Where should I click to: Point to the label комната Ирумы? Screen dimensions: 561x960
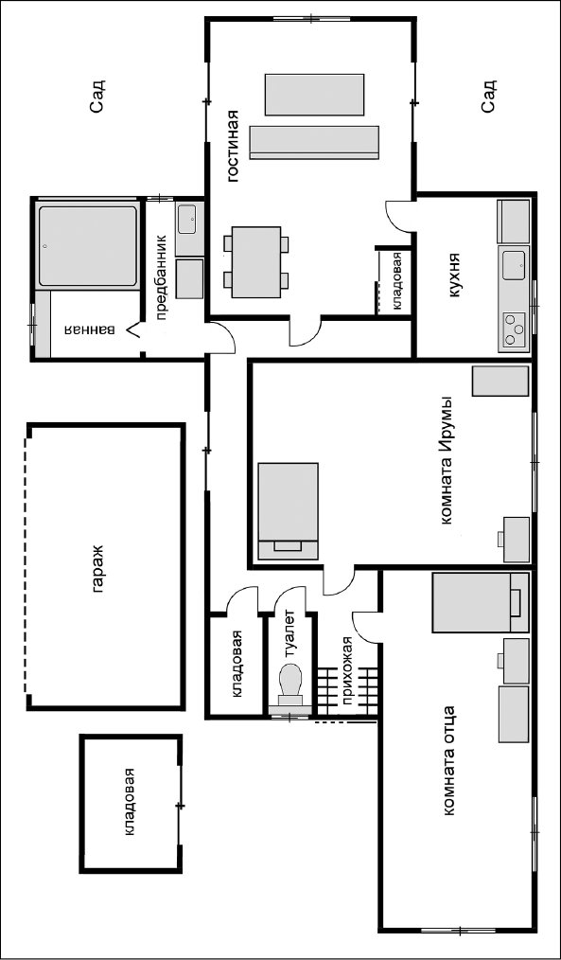pyautogui.click(x=448, y=460)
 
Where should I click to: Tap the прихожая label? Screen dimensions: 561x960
pyautogui.click(x=348, y=671)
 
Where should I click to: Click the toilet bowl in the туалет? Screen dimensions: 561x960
pyautogui.click(x=290, y=684)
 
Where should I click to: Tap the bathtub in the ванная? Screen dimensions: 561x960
pyautogui.click(x=87, y=245)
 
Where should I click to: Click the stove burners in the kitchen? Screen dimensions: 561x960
pyautogui.click(x=514, y=330)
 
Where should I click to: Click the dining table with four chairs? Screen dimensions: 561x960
pyautogui.click(x=257, y=262)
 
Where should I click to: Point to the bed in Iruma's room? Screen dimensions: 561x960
pyautogui.click(x=289, y=510)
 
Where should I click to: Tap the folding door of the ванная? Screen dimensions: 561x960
pyautogui.click(x=134, y=331)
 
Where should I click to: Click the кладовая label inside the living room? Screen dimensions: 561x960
pyautogui.click(x=397, y=280)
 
